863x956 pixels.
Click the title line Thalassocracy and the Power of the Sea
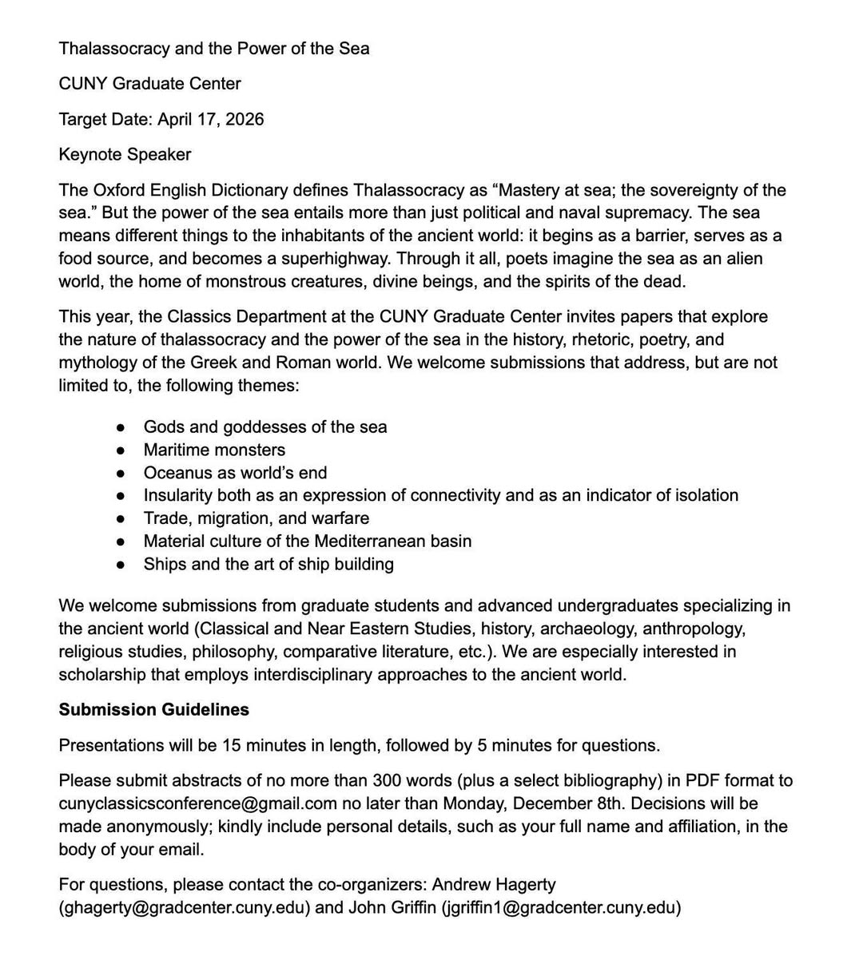click(x=213, y=49)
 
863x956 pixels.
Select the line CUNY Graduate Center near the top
click(x=149, y=84)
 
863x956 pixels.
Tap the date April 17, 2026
click(x=210, y=120)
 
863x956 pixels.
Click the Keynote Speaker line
click(x=125, y=155)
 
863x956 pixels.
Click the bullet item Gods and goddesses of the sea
click(x=264, y=427)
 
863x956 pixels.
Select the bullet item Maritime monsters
click(x=214, y=450)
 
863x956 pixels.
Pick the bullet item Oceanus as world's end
click(x=235, y=473)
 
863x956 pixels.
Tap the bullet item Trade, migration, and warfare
click(x=256, y=518)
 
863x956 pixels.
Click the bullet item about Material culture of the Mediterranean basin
click(x=307, y=541)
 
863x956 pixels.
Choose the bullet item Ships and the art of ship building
click(x=268, y=565)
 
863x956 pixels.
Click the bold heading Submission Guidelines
click(x=153, y=710)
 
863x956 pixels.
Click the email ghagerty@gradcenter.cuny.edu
click(x=184, y=908)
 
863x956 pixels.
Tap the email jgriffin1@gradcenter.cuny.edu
click(x=561, y=908)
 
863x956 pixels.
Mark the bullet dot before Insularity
click(x=120, y=496)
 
